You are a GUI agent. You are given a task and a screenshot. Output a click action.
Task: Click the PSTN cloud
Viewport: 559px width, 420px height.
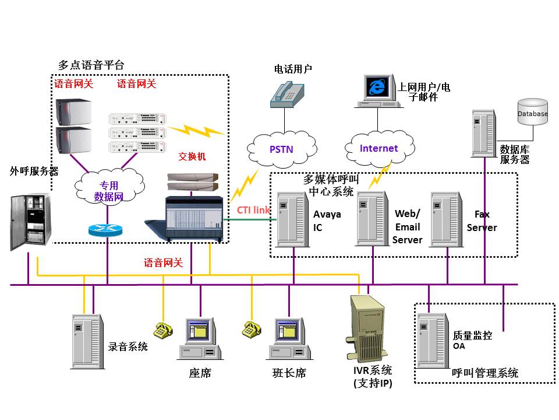pyautogui.click(x=281, y=149)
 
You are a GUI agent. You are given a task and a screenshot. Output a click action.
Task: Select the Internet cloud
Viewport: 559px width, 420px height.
pyautogui.click(x=378, y=148)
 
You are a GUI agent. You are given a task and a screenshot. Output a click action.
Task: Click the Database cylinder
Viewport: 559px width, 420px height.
pyautogui.click(x=532, y=114)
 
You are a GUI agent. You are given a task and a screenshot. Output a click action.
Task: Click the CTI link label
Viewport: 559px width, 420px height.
pyautogui.click(x=253, y=209)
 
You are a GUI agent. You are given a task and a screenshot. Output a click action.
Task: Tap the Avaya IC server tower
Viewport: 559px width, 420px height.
pyautogui.click(x=293, y=219)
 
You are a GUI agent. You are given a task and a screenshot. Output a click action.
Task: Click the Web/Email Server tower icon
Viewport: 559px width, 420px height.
pyautogui.click(x=373, y=219)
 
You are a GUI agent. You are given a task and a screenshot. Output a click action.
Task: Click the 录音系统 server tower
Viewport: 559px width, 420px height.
pyautogui.click(x=87, y=342)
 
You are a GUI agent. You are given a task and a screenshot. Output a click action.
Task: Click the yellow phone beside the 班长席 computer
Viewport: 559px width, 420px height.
pyautogui.click(x=252, y=330)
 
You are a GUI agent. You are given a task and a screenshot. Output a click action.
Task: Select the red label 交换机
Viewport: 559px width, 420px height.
pyautogui.click(x=192, y=157)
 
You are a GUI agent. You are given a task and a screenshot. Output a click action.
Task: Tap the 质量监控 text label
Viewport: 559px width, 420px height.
pyautogui.click(x=472, y=335)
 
